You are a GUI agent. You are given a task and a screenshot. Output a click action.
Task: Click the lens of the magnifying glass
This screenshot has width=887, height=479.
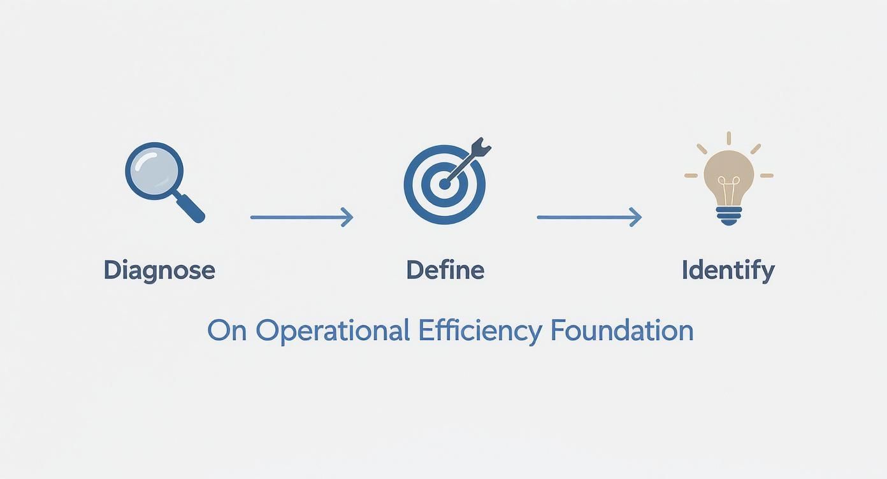(x=155, y=170)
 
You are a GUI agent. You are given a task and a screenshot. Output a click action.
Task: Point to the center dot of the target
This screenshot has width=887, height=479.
(x=444, y=183)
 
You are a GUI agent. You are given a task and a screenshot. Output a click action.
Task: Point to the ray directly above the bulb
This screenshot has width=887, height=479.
(x=728, y=138)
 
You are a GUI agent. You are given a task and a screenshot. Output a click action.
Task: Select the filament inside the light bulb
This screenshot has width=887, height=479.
(x=728, y=188)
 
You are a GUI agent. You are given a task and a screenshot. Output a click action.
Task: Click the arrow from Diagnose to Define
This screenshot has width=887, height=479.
(x=301, y=217)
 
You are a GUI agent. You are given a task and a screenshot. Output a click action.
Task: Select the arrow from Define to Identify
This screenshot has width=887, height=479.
(x=588, y=217)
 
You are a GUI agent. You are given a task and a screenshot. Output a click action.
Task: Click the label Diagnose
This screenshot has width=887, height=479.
(x=159, y=270)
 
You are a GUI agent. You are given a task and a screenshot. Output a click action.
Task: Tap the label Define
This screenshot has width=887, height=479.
(x=445, y=270)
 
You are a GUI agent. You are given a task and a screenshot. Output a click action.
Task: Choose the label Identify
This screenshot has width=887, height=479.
(x=728, y=270)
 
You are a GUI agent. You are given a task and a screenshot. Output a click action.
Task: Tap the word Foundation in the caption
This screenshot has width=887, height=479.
(x=622, y=331)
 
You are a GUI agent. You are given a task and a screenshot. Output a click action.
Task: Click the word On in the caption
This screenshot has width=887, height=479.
(x=227, y=331)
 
